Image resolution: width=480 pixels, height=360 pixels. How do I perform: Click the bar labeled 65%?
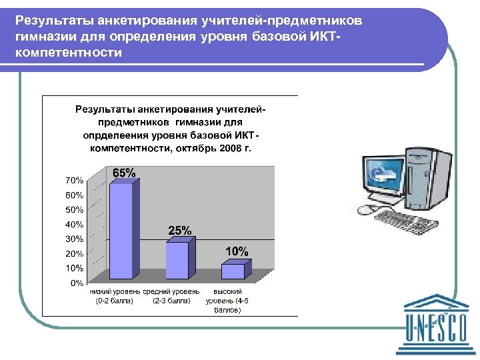[121, 230]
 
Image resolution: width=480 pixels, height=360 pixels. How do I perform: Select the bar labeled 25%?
[177, 260]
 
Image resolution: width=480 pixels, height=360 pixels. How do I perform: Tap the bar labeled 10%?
[233, 271]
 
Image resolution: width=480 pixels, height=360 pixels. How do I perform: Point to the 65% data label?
[123, 173]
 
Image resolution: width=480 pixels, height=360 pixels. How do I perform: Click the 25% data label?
[179, 231]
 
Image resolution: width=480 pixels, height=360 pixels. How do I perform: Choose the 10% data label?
[237, 251]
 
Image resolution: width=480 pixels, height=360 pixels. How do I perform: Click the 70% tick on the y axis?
[74, 180]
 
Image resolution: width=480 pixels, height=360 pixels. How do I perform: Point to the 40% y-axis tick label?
[74, 224]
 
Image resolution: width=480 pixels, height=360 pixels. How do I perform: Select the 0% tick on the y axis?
[77, 283]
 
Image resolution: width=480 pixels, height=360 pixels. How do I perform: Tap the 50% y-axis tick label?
[74, 209]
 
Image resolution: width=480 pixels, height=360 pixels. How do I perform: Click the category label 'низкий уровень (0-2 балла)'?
[115, 296]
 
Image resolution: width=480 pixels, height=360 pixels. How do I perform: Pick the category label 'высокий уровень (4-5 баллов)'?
[227, 301]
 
